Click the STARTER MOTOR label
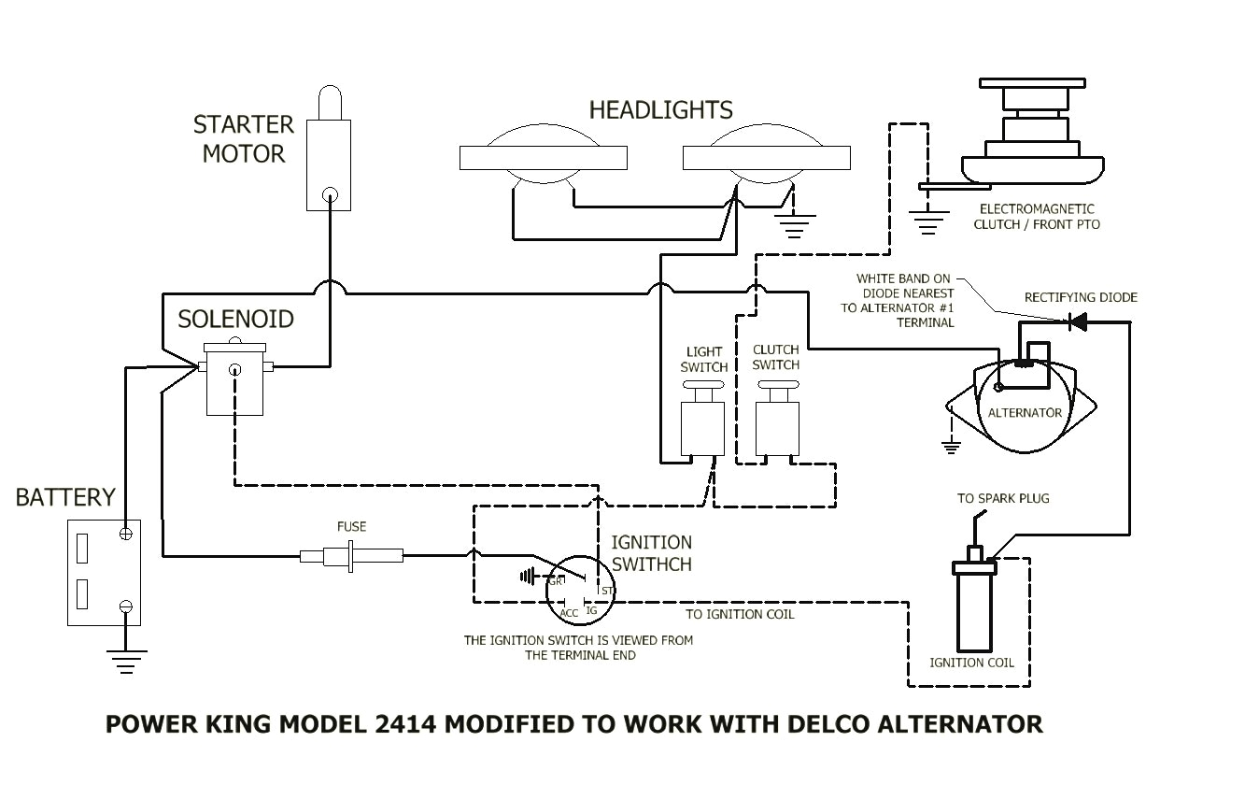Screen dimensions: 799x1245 243,138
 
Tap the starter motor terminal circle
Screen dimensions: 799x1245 329,195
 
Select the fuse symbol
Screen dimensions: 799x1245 351,556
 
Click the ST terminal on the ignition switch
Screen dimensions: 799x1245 607,590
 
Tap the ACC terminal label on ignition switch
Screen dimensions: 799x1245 569,612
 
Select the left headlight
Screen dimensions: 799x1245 543,157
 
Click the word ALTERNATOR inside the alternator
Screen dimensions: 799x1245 1025,412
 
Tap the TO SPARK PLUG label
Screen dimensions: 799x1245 1003,498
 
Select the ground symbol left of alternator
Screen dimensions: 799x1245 952,445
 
